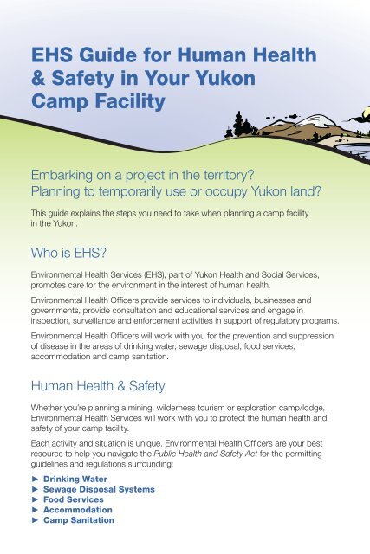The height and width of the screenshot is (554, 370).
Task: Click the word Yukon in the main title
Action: tap(225, 78)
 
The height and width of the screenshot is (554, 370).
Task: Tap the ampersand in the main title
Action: tap(38, 78)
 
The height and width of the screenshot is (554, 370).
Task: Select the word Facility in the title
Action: tap(130, 102)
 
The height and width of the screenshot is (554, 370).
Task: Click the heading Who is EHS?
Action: tap(68, 253)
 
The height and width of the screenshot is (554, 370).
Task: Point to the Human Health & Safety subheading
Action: tap(98, 386)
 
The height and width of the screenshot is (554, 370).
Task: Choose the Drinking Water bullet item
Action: tap(75, 479)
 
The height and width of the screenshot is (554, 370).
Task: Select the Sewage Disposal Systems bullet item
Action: tap(99, 489)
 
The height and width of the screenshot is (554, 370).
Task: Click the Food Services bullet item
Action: tap(74, 499)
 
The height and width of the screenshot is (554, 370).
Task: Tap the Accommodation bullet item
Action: tap(77, 510)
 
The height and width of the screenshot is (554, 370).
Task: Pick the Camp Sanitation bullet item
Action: tap(79, 520)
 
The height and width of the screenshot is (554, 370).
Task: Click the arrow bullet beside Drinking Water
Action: tap(35, 479)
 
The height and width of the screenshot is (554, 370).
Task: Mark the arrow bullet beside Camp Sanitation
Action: tap(35, 520)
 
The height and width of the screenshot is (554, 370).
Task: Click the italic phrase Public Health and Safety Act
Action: tap(205, 454)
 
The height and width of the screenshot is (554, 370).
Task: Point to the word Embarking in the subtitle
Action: tap(62, 175)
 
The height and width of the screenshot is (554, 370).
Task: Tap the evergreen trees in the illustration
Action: tap(241, 125)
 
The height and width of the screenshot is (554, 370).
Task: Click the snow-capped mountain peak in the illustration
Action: tap(318, 120)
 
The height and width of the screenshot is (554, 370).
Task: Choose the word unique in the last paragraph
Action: tap(148, 443)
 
